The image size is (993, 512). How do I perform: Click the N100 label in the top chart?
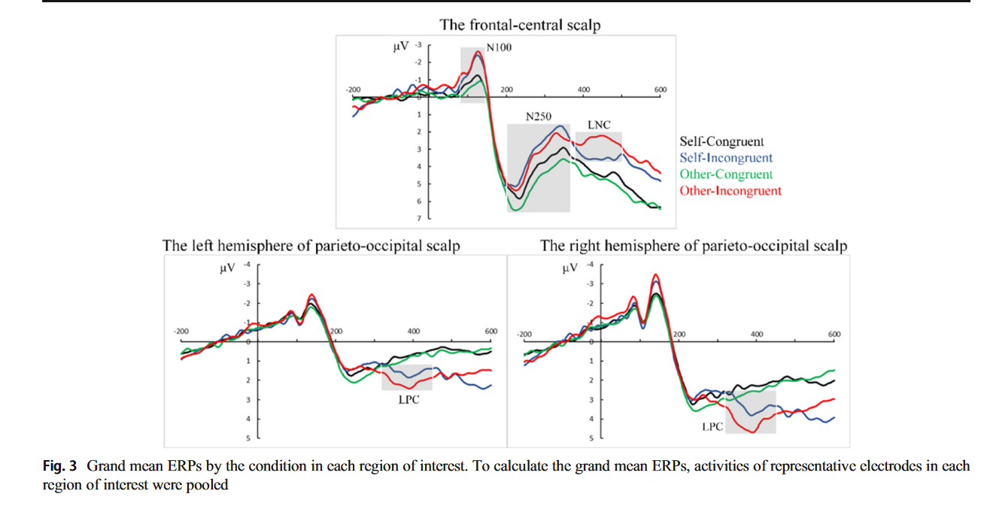[x=499, y=47]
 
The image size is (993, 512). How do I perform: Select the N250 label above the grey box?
[x=539, y=117]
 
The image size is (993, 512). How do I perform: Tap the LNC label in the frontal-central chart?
[x=599, y=125]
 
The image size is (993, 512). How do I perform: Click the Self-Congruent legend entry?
[x=721, y=141]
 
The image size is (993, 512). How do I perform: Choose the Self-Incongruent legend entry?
[x=726, y=158]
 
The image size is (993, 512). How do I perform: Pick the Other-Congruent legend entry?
[x=726, y=174]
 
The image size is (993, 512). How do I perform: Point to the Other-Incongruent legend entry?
[x=730, y=191]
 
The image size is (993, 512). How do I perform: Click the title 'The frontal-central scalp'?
[x=520, y=25]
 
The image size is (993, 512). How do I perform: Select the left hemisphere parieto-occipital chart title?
[x=311, y=246]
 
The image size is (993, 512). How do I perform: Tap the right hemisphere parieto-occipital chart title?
[x=694, y=246]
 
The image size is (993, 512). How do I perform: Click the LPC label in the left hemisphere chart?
[x=408, y=400]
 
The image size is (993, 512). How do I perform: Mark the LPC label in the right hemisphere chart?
[x=712, y=426]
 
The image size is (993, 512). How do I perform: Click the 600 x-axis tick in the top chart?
[x=660, y=90]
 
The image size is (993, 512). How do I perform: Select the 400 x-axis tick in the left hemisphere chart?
[x=414, y=332]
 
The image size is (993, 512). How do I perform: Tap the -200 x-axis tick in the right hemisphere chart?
[x=524, y=334]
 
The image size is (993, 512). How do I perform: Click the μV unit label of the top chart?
[x=401, y=47]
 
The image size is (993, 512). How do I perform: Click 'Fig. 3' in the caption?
[x=60, y=466]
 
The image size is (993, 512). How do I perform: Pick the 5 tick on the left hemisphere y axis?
[x=250, y=438]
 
